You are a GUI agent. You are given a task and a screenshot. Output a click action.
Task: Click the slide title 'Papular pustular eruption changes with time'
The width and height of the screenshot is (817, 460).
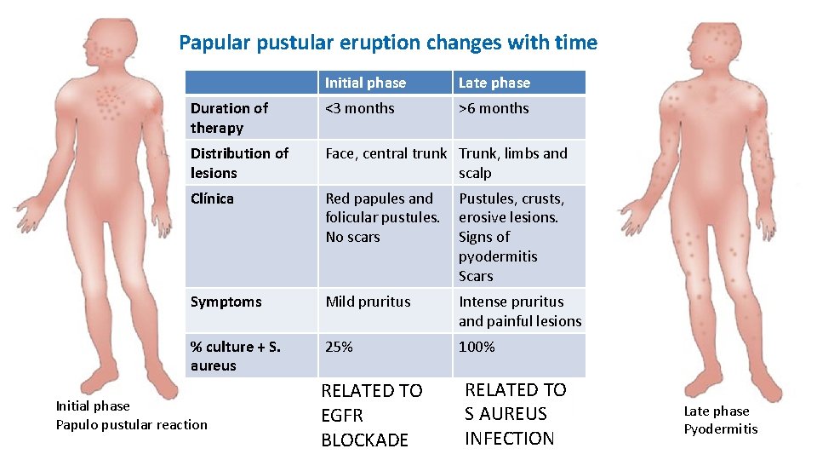pyautogui.click(x=388, y=43)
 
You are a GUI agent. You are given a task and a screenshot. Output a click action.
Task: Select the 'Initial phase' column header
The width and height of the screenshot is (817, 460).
pyautogui.click(x=365, y=83)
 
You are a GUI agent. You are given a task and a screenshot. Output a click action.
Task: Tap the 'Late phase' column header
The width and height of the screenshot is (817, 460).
pyautogui.click(x=494, y=83)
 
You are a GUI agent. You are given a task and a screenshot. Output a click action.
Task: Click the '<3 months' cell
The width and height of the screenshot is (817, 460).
pyautogui.click(x=360, y=108)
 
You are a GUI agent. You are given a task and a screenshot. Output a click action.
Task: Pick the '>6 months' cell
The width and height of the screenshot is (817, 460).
pyautogui.click(x=494, y=108)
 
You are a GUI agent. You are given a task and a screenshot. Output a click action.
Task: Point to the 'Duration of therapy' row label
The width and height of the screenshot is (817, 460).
pyautogui.click(x=229, y=118)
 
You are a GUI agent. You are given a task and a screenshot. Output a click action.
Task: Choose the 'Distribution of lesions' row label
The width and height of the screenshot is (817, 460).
pyautogui.click(x=239, y=163)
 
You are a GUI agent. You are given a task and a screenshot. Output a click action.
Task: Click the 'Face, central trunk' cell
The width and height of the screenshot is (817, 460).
pyautogui.click(x=386, y=153)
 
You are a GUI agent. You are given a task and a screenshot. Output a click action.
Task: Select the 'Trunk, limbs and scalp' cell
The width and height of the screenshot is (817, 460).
pyautogui.click(x=512, y=163)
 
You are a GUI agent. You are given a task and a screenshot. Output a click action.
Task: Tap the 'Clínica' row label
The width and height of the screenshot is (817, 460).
pyautogui.click(x=212, y=198)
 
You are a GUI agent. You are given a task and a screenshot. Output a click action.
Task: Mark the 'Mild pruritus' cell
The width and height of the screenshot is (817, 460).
pyautogui.click(x=368, y=302)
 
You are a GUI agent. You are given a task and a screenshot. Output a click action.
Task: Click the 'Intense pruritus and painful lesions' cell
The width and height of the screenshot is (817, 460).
pyautogui.click(x=519, y=311)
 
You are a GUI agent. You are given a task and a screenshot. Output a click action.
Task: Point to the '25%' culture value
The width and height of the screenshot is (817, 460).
pyautogui.click(x=339, y=347)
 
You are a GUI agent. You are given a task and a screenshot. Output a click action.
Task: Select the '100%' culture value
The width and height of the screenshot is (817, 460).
pyautogui.click(x=477, y=347)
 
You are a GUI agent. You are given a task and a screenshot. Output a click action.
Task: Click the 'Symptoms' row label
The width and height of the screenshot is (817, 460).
pyautogui.click(x=226, y=302)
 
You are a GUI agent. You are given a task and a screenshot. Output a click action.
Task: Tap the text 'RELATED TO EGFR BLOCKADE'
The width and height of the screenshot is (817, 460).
pyautogui.click(x=372, y=415)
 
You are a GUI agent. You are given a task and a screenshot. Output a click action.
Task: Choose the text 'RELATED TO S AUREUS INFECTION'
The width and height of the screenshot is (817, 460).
pyautogui.click(x=515, y=414)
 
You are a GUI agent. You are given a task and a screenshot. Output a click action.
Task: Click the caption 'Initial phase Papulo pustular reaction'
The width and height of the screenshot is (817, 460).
pyautogui.click(x=131, y=415)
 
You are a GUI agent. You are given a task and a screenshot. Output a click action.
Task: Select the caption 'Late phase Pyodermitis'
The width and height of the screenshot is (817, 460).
pyautogui.click(x=720, y=420)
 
